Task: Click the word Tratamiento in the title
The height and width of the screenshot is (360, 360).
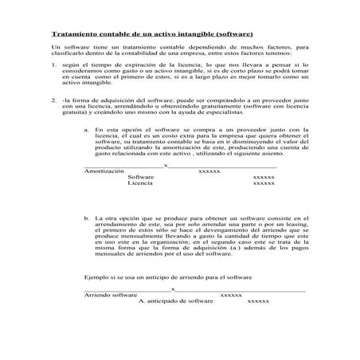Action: pyautogui.click(x=74, y=35)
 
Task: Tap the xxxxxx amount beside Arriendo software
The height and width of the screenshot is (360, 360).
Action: pyautogui.click(x=230, y=295)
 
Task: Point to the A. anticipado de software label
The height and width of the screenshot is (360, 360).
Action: pyautogui.click(x=175, y=301)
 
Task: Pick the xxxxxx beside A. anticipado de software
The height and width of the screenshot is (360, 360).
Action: pyautogui.click(x=258, y=301)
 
